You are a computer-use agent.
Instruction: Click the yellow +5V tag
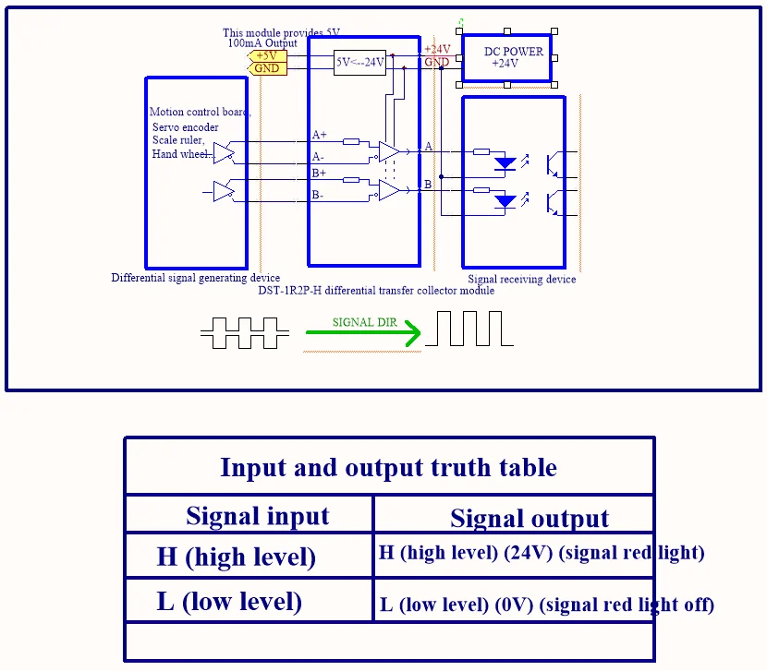tap(268, 56)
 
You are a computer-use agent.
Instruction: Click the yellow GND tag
tap(267, 68)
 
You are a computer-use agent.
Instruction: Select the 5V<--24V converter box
tap(359, 63)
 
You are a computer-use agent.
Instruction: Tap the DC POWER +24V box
tap(505, 57)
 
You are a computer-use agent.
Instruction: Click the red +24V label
tap(437, 50)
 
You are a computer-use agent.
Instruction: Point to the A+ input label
tap(319, 135)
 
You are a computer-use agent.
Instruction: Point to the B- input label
tap(318, 195)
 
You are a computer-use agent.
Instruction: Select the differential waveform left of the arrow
tap(238, 333)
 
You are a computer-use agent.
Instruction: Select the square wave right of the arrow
tap(469, 329)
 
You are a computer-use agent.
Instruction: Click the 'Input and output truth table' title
tap(388, 467)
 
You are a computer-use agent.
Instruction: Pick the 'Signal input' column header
tap(257, 516)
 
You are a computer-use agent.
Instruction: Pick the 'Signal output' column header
tap(530, 519)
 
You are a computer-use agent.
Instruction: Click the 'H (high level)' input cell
tap(237, 557)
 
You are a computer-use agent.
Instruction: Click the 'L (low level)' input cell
tap(229, 602)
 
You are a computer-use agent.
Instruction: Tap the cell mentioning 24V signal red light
tap(542, 553)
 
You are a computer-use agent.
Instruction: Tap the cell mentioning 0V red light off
tap(547, 605)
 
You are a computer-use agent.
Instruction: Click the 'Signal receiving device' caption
tap(521, 279)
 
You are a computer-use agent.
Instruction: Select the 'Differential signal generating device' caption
tap(195, 278)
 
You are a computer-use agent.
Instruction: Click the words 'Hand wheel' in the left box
tap(181, 154)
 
